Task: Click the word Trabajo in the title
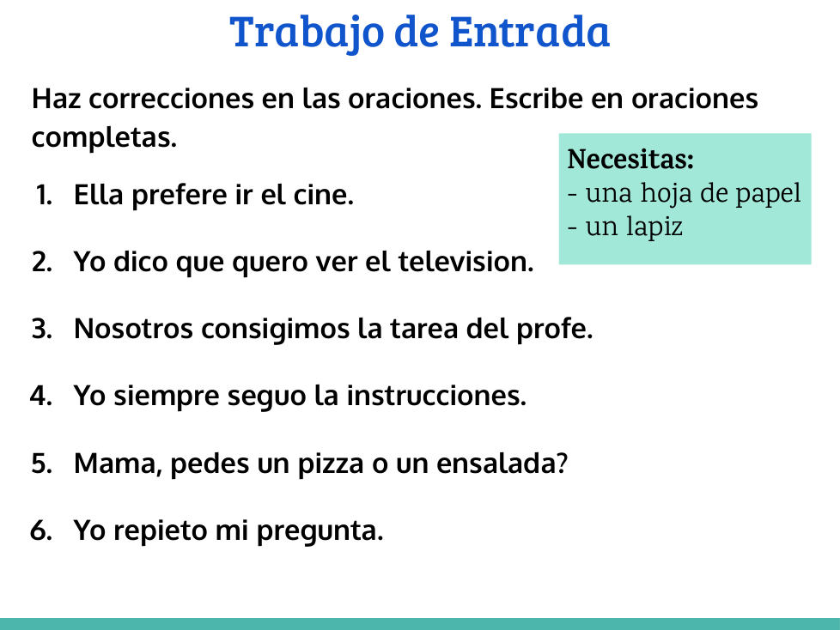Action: (307, 33)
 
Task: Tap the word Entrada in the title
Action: (530, 32)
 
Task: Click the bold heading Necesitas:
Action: (630, 159)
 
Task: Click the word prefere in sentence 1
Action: (180, 196)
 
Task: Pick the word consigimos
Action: (276, 330)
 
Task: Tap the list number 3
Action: (42, 330)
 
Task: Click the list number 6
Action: (41, 531)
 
